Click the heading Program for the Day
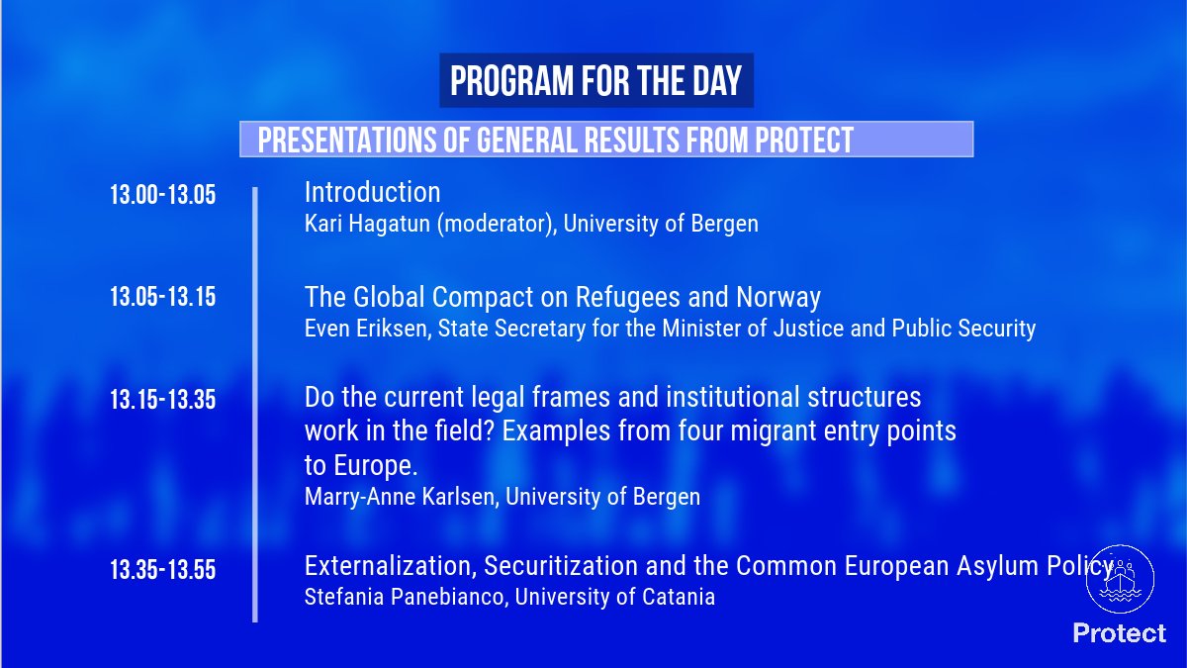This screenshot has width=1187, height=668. pyautogui.click(x=596, y=81)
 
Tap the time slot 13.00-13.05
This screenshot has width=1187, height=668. pyautogui.click(x=162, y=195)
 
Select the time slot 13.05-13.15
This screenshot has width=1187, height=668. pyautogui.click(x=162, y=297)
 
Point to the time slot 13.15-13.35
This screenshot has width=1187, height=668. pyautogui.click(x=162, y=400)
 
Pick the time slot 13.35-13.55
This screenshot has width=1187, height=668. pyautogui.click(x=162, y=570)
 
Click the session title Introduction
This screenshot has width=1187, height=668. pyautogui.click(x=372, y=192)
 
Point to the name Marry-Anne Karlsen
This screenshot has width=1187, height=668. pyautogui.click(x=400, y=497)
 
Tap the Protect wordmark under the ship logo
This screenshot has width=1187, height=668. pyautogui.click(x=1120, y=633)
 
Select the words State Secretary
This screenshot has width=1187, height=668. pyautogui.click(x=512, y=329)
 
